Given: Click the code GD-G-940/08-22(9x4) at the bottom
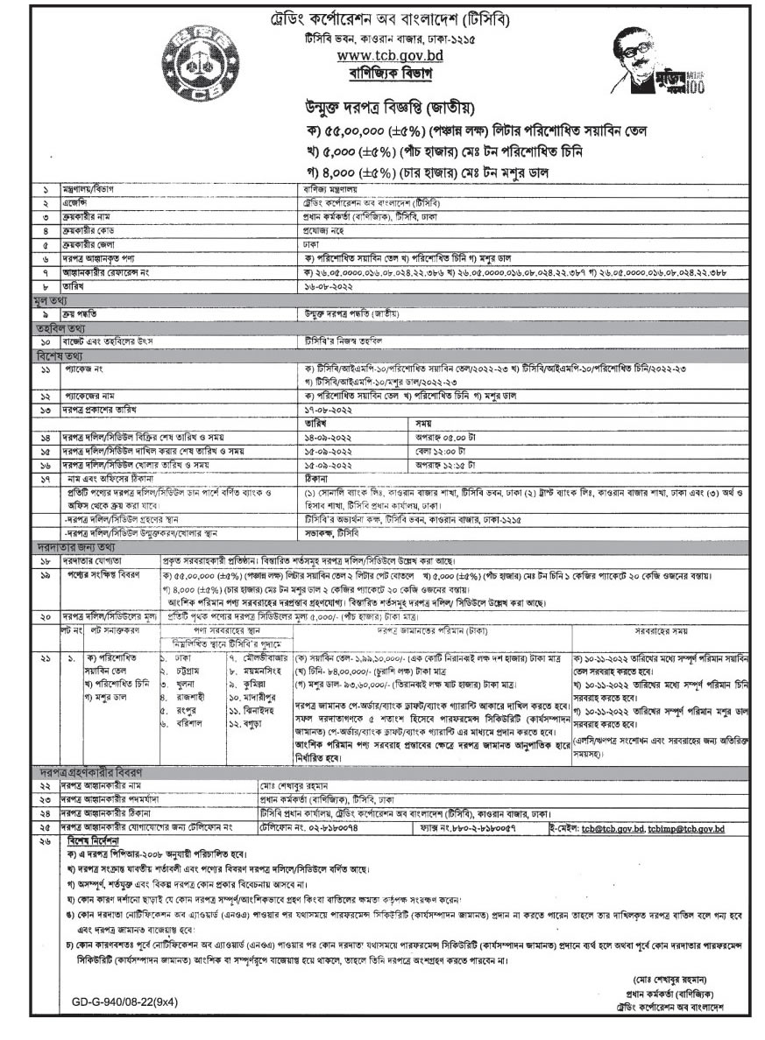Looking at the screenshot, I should coord(124,1001).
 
